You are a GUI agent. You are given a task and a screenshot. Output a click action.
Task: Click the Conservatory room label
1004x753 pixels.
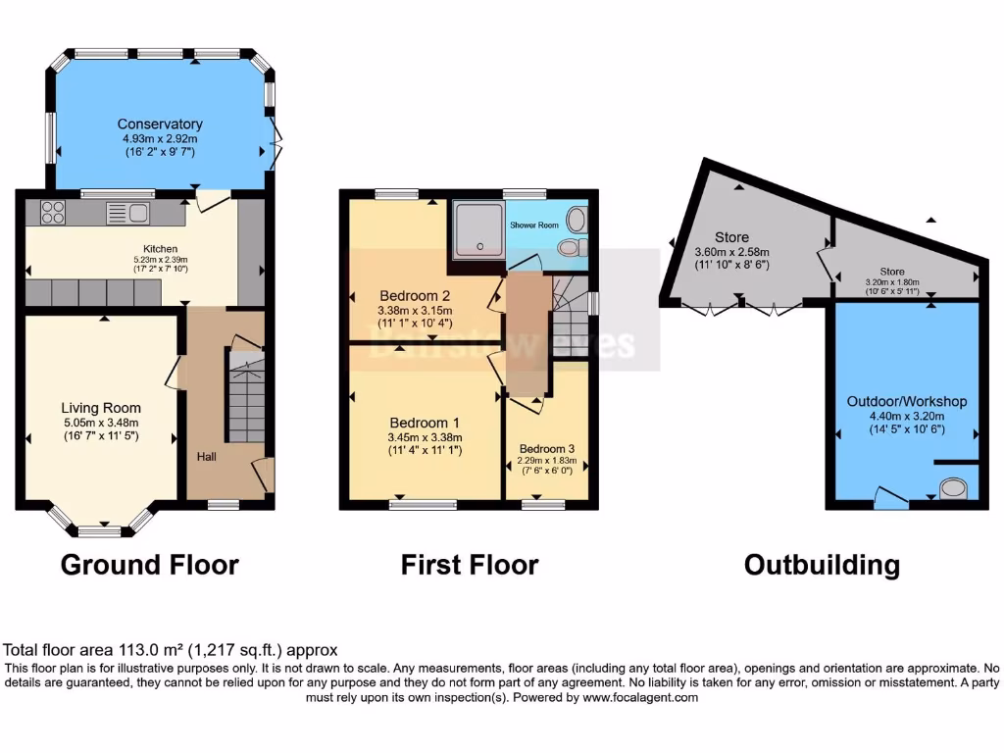coord(160,125)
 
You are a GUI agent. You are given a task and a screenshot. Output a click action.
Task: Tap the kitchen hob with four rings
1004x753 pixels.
coord(53,211)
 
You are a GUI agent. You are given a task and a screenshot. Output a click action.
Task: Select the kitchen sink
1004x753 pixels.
coord(127,212)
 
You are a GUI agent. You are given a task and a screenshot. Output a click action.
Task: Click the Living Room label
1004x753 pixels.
coord(101,408)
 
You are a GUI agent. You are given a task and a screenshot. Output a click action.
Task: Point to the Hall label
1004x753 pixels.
coord(206,457)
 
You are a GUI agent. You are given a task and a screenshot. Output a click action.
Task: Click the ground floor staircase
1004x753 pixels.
coord(245,397)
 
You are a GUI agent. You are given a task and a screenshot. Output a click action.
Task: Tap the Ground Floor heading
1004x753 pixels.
coord(149,565)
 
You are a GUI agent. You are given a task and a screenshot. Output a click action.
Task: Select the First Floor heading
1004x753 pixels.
coord(469,565)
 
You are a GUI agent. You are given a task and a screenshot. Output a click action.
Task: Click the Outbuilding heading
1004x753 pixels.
coord(821,565)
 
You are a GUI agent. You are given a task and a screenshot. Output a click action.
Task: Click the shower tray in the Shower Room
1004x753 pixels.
coord(476,231)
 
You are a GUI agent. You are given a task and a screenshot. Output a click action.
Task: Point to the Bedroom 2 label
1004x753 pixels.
coord(415,295)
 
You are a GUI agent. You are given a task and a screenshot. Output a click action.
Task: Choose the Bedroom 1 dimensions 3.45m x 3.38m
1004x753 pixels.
coord(425,436)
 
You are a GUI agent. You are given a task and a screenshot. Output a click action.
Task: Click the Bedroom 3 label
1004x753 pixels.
coord(547,449)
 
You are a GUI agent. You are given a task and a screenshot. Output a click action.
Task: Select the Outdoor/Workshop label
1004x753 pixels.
coord(906,402)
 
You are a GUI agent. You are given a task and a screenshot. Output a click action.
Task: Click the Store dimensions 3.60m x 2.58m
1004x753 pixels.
coord(731,251)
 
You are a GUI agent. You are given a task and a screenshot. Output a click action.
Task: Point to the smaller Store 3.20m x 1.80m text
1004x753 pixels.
coord(891,280)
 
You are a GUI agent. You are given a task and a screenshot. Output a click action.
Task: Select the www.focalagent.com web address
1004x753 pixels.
coord(640,697)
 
